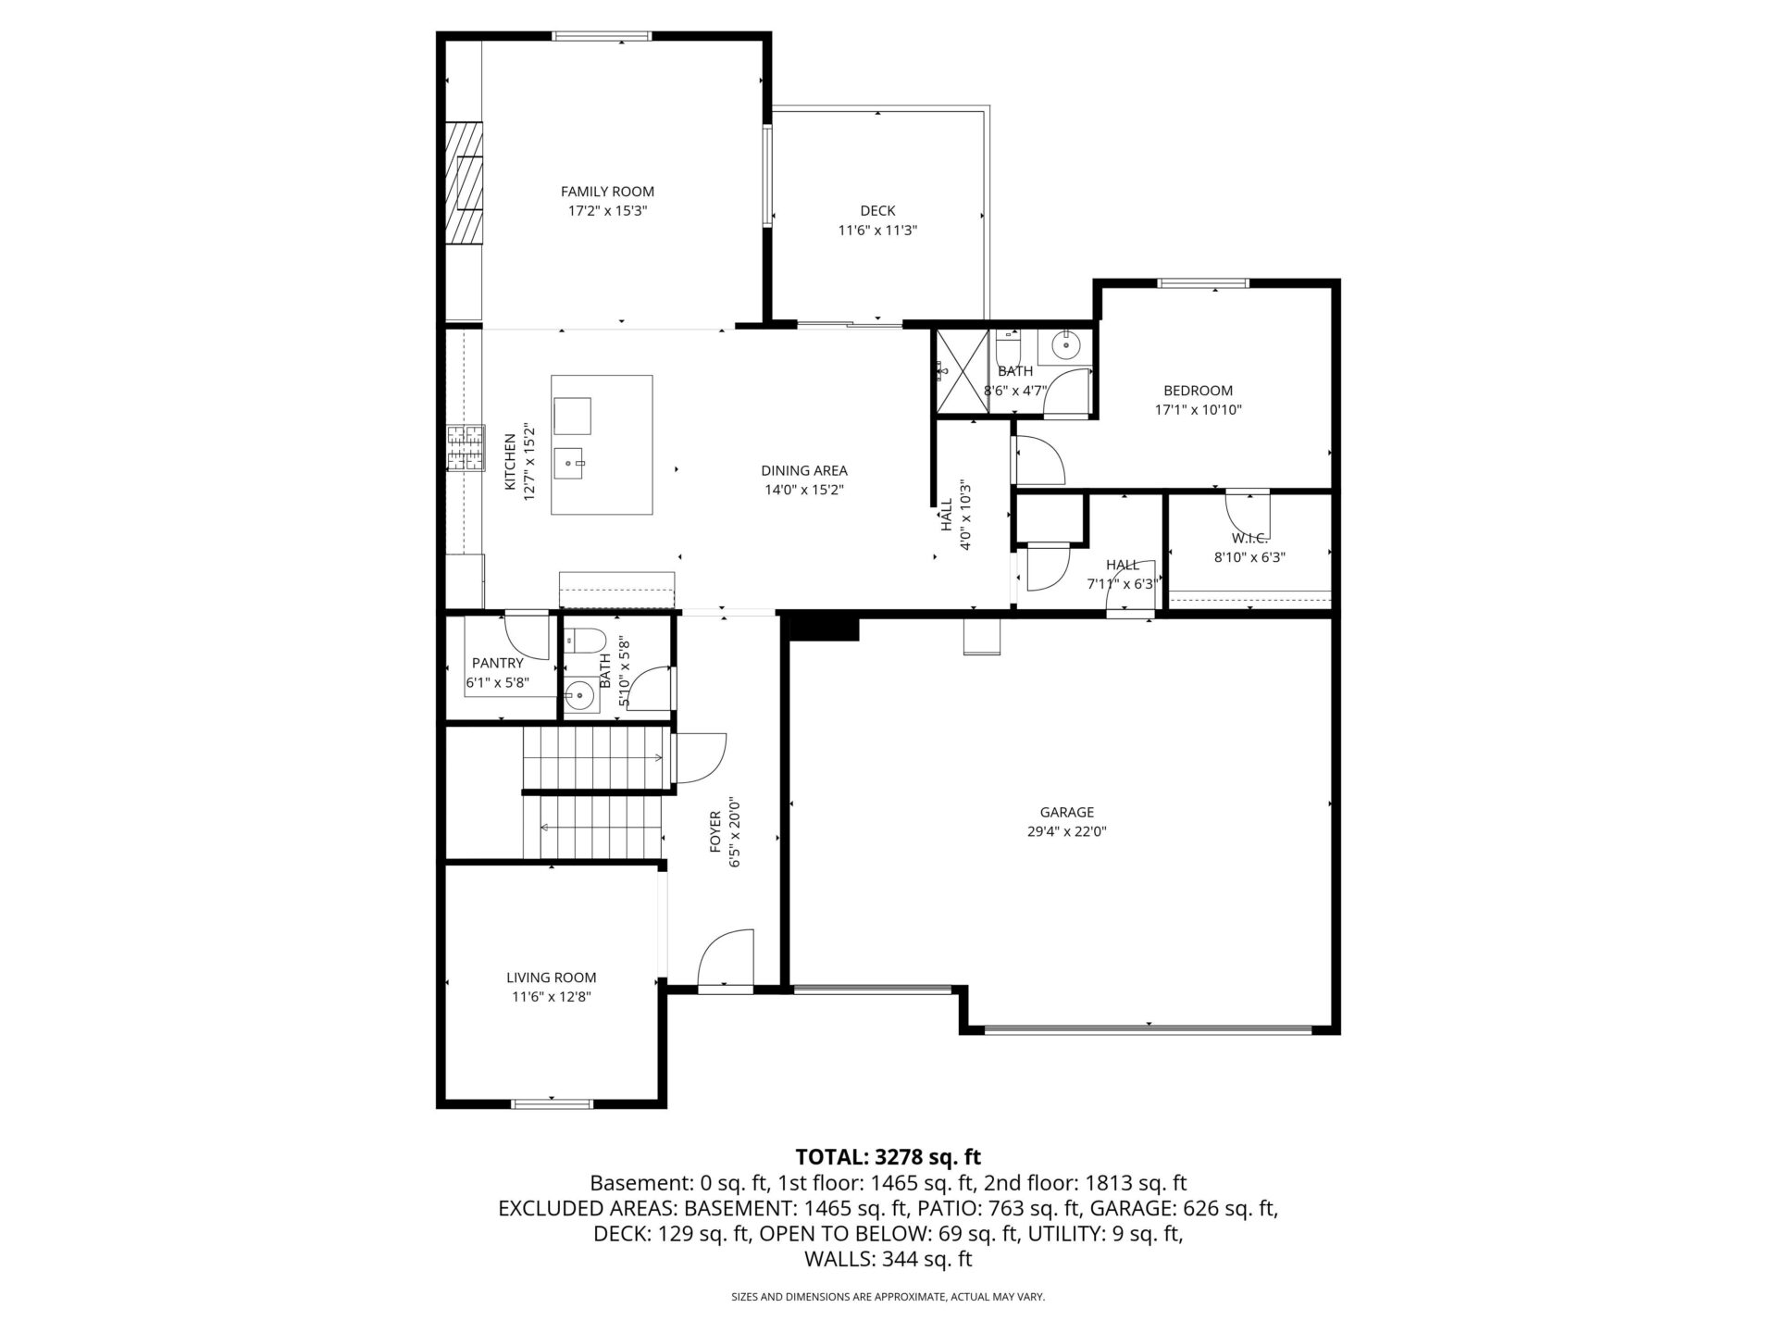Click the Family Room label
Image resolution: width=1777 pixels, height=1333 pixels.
[607, 192]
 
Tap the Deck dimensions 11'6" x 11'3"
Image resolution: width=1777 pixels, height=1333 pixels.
[877, 230]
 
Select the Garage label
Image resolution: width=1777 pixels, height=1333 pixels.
[1066, 813]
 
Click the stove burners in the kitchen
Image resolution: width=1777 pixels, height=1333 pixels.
[466, 448]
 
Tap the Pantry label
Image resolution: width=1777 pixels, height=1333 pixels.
[498, 663]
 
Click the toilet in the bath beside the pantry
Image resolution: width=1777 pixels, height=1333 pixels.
[584, 640]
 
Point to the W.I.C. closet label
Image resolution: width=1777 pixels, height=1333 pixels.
[1249, 538]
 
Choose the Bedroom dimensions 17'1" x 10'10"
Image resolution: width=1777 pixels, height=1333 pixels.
[1198, 410]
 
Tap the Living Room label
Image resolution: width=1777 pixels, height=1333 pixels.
[551, 978]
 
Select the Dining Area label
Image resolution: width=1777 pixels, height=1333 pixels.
[804, 471]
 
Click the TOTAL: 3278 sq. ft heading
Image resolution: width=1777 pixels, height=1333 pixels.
[888, 1157]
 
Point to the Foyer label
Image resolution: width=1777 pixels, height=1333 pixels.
[715, 832]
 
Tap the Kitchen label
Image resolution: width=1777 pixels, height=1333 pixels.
[510, 462]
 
